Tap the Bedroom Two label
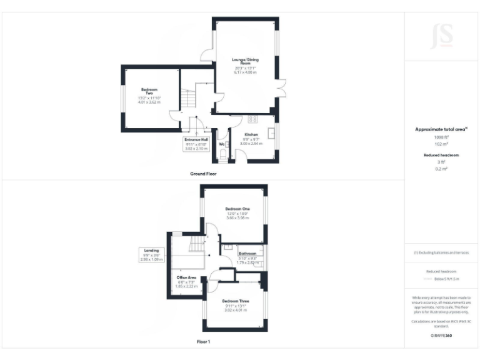tap(149, 91)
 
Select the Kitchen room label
tap(251, 134)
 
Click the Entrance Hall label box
tap(196, 144)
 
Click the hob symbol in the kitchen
tap(253, 119)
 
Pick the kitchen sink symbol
tap(272, 132)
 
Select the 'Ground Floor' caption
tap(203, 173)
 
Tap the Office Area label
tap(186, 277)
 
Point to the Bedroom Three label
tap(236, 301)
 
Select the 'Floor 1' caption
tap(203, 342)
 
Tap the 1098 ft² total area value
tap(441, 136)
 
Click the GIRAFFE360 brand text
tap(441, 336)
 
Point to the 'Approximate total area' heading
tap(441, 129)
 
